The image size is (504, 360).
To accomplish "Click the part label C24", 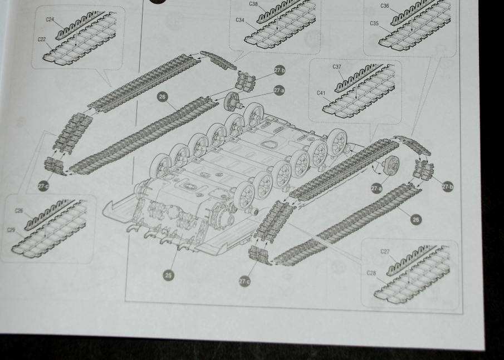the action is coord(50,19).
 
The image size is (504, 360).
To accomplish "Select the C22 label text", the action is coord(42,40).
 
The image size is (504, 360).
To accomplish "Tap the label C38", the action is coord(253,4).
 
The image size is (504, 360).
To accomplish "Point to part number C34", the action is coord(240,20).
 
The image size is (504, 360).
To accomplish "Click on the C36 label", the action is coord(385,6).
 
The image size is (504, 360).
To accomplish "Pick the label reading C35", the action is coord(374,23).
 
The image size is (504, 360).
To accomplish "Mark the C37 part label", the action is coord(337,67).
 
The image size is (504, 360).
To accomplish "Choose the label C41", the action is coord(321,93).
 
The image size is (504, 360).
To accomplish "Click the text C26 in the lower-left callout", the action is coord(19,211).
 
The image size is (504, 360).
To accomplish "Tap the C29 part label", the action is coord(11,230).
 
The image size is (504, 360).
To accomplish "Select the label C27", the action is coord(385,251).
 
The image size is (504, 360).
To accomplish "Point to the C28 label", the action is coord(371,273).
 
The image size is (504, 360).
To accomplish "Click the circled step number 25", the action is coord(168,275).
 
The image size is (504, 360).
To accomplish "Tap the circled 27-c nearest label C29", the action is coord(43,186).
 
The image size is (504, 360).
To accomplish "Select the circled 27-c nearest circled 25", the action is coord(244,282).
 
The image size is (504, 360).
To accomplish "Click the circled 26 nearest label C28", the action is coord(416,220).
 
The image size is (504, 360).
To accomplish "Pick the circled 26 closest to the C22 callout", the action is coord(163,97).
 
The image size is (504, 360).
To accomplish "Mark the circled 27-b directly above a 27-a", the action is coord(280,70).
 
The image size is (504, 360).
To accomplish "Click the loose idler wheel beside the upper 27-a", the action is coord(233,101).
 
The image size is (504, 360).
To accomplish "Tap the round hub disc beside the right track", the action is coord(390,165).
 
